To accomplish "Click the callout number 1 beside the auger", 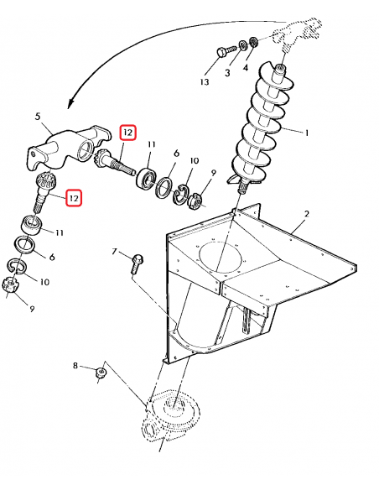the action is click(307, 133).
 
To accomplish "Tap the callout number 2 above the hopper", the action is click(307, 214).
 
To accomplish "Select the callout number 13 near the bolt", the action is click(205, 82).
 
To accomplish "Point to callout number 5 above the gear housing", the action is click(38, 117).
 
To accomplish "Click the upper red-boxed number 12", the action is click(128, 133).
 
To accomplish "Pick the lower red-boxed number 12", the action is click(74, 198).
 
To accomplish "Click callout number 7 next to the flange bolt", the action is click(114, 251).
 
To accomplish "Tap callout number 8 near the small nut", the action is click(75, 365).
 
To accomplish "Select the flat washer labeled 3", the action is click(243, 45).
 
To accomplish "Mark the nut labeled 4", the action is click(253, 42).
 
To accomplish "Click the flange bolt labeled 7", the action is click(136, 264).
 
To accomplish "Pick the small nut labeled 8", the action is click(101, 373).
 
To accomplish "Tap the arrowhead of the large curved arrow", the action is click(71, 102).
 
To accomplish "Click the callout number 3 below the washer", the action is click(227, 72).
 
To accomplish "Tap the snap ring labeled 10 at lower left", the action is click(17, 265).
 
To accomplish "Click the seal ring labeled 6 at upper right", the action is click(164, 187).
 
